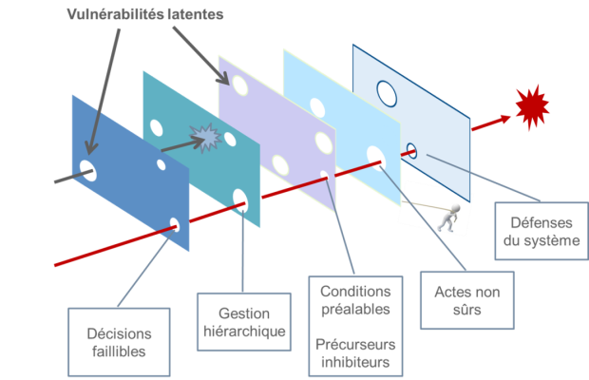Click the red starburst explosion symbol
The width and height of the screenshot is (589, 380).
[532, 107]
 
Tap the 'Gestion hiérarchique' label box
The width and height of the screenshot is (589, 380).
[243, 323]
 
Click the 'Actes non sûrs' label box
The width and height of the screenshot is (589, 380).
[466, 296]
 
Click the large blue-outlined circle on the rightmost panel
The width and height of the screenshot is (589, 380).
[387, 93]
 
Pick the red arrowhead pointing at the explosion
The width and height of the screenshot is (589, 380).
[503, 121]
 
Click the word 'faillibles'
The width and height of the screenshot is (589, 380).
[119, 351]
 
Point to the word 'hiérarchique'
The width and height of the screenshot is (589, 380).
[243, 332]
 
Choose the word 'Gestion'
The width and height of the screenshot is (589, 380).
[244, 313]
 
